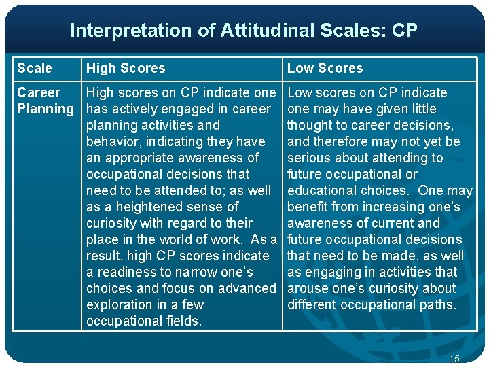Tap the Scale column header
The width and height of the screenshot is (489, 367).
click(35, 68)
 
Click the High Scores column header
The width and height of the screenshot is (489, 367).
click(126, 68)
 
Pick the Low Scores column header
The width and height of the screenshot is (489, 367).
click(325, 68)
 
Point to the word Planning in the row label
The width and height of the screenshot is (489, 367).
click(46, 109)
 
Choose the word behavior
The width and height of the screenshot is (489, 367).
click(111, 141)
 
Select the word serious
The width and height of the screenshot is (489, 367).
click(309, 158)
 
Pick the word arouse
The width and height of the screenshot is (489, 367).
click(308, 288)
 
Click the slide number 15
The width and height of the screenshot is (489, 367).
click(454, 358)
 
